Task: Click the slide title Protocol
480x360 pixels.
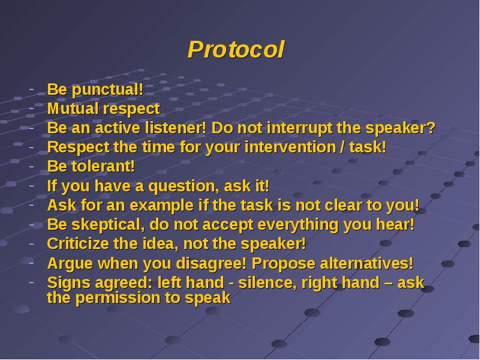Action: click(236, 50)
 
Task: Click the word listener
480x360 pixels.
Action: click(173, 128)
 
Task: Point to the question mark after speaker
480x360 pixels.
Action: click(431, 128)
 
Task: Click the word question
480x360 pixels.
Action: click(181, 187)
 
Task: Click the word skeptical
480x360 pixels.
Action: click(106, 225)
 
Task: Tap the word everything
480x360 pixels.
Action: click(298, 225)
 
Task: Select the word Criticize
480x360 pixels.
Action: click(78, 244)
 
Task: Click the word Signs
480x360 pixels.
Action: click(69, 283)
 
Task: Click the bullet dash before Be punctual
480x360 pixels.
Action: click(32, 90)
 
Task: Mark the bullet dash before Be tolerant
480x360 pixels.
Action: click(32, 167)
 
